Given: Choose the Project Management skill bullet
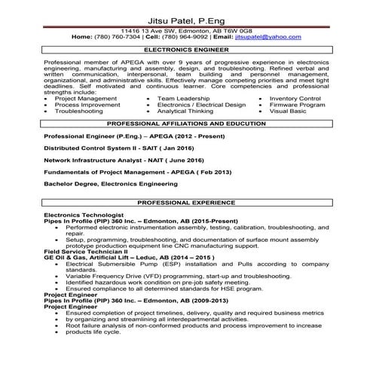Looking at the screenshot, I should [86, 98].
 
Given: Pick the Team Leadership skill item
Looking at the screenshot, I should [184, 98].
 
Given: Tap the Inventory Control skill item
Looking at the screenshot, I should [295, 98].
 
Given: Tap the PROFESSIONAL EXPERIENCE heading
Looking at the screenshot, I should [186, 203].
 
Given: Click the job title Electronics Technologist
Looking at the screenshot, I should [78, 215].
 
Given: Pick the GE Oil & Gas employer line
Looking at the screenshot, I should [121, 257].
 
